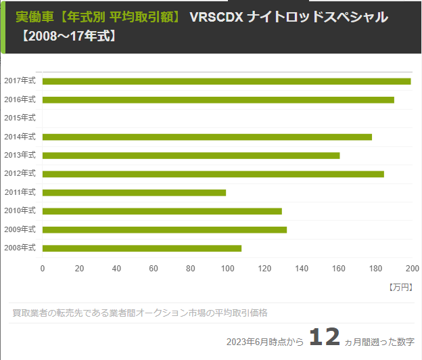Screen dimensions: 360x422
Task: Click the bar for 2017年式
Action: point(227,81)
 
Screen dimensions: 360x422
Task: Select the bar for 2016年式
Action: point(218,99)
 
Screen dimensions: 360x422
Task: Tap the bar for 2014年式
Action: point(207,137)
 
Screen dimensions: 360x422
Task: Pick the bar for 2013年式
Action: point(191,155)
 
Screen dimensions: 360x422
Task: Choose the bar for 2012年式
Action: point(213,174)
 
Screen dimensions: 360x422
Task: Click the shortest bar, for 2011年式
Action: point(134,192)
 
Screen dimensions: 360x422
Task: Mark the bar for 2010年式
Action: point(162,211)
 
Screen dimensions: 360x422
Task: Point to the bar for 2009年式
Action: point(164,229)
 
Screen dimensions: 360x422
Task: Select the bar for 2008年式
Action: point(142,248)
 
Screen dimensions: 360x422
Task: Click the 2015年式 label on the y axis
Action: point(20,118)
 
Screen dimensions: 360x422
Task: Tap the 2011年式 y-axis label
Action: point(20,192)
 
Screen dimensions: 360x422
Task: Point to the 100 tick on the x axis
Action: point(227,268)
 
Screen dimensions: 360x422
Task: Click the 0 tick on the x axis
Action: point(43,268)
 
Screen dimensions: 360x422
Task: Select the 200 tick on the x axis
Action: point(412,268)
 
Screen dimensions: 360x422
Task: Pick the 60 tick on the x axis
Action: point(154,268)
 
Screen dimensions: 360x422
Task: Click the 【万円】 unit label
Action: point(401,287)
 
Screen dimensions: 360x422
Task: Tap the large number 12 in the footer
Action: point(324,338)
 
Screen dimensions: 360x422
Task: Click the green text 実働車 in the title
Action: point(32,16)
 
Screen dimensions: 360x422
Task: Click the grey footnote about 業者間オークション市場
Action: point(140,313)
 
